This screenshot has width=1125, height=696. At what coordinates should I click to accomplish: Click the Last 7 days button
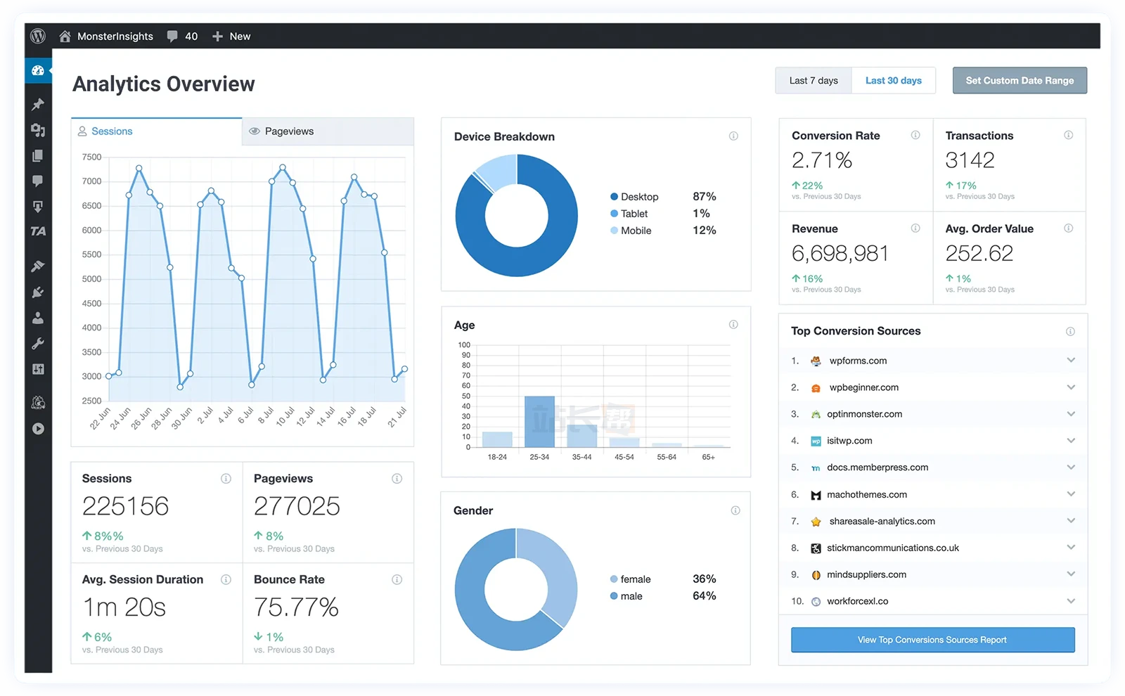[x=813, y=81]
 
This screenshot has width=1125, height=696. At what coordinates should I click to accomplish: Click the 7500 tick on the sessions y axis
[x=92, y=157]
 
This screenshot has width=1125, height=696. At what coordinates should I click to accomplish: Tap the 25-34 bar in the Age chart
[x=539, y=422]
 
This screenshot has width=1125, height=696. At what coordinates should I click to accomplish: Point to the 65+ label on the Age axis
[x=708, y=457]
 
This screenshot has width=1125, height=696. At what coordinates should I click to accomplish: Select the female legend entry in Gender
[x=634, y=579]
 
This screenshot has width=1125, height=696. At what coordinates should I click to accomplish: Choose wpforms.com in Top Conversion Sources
[x=857, y=361]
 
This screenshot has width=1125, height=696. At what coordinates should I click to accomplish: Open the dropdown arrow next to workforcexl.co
[x=1070, y=601]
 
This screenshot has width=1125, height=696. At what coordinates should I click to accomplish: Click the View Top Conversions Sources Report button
[x=932, y=640]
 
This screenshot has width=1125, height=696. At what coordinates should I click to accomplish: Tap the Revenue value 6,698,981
[x=840, y=253]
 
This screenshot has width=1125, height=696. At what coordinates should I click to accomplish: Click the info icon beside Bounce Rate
[x=397, y=580]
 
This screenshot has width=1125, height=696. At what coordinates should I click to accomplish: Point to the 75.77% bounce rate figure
[x=296, y=607]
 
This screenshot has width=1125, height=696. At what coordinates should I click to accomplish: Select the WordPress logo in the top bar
[x=38, y=36]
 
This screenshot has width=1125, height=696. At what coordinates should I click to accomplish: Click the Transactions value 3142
[x=969, y=160]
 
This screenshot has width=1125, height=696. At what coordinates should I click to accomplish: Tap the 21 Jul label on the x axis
[x=397, y=418]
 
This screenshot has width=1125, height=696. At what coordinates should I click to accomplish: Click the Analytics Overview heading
[x=163, y=84]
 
